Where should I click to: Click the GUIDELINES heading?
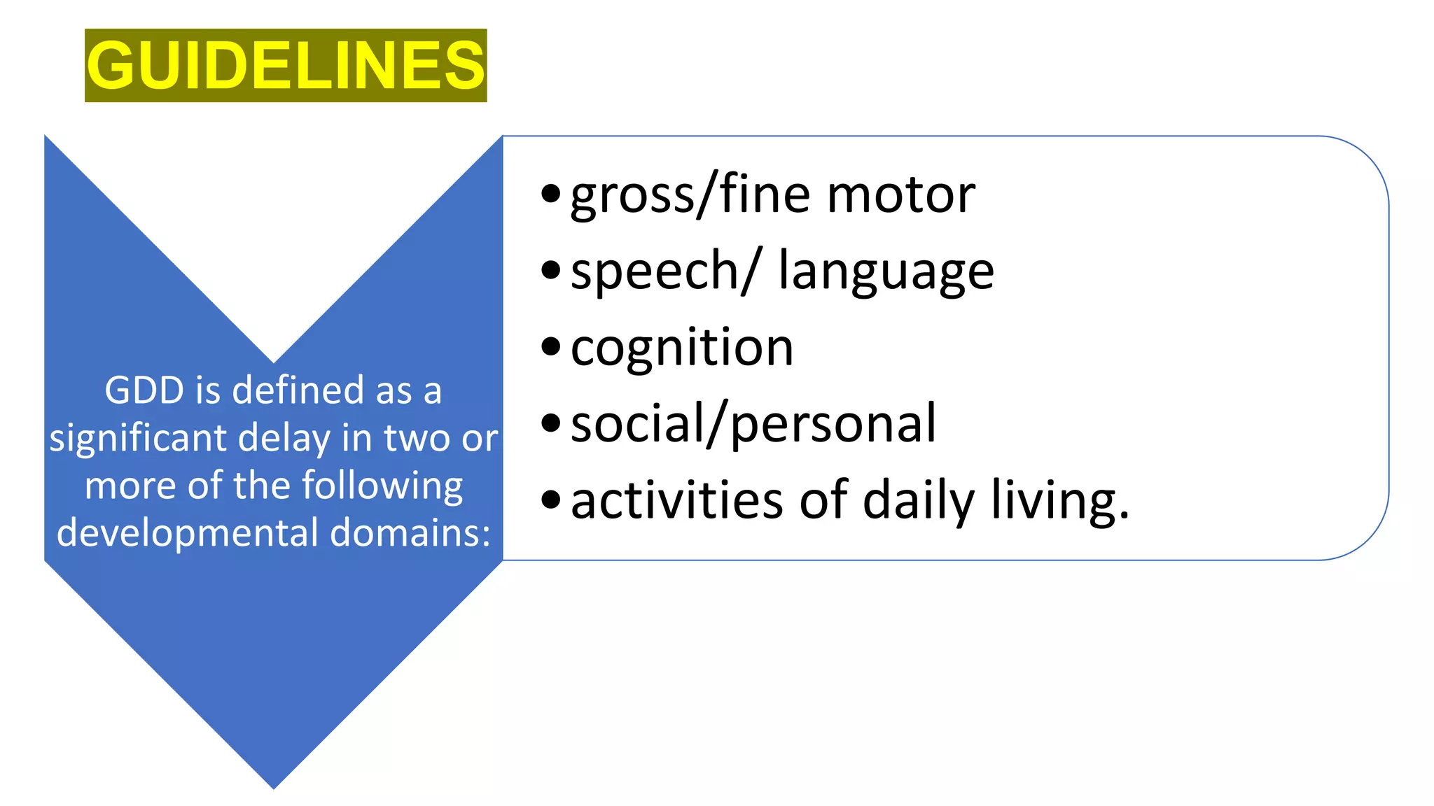(x=286, y=65)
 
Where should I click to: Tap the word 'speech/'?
(x=663, y=271)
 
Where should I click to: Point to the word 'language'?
(x=886, y=271)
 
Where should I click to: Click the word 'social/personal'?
(x=753, y=423)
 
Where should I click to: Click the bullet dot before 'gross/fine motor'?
(x=551, y=194)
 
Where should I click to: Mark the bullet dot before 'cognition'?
(x=551, y=346)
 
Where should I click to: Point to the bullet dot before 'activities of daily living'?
(x=551, y=499)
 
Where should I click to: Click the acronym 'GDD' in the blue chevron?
(x=144, y=390)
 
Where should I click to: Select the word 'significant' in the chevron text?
(x=138, y=438)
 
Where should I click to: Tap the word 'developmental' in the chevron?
(x=188, y=532)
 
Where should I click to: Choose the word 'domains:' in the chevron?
(x=410, y=532)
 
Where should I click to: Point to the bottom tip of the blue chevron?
(x=274, y=786)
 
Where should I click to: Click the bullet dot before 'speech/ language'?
(x=551, y=270)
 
